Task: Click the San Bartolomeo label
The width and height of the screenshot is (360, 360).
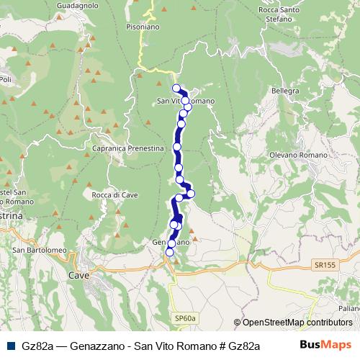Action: (x=39, y=250)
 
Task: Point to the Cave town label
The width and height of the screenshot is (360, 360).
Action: (x=78, y=275)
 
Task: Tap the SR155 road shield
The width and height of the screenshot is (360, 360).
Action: (x=324, y=265)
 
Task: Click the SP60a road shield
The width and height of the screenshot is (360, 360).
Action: (x=185, y=317)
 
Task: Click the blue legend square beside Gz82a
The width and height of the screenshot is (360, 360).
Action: (x=9, y=346)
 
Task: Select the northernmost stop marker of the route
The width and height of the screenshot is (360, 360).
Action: (x=176, y=89)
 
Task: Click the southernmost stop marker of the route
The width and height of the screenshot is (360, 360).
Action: (x=170, y=252)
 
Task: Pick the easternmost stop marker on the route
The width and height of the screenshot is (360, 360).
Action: (x=191, y=193)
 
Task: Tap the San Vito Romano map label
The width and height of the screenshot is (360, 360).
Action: (x=185, y=102)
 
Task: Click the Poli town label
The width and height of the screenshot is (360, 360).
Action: (x=5, y=78)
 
